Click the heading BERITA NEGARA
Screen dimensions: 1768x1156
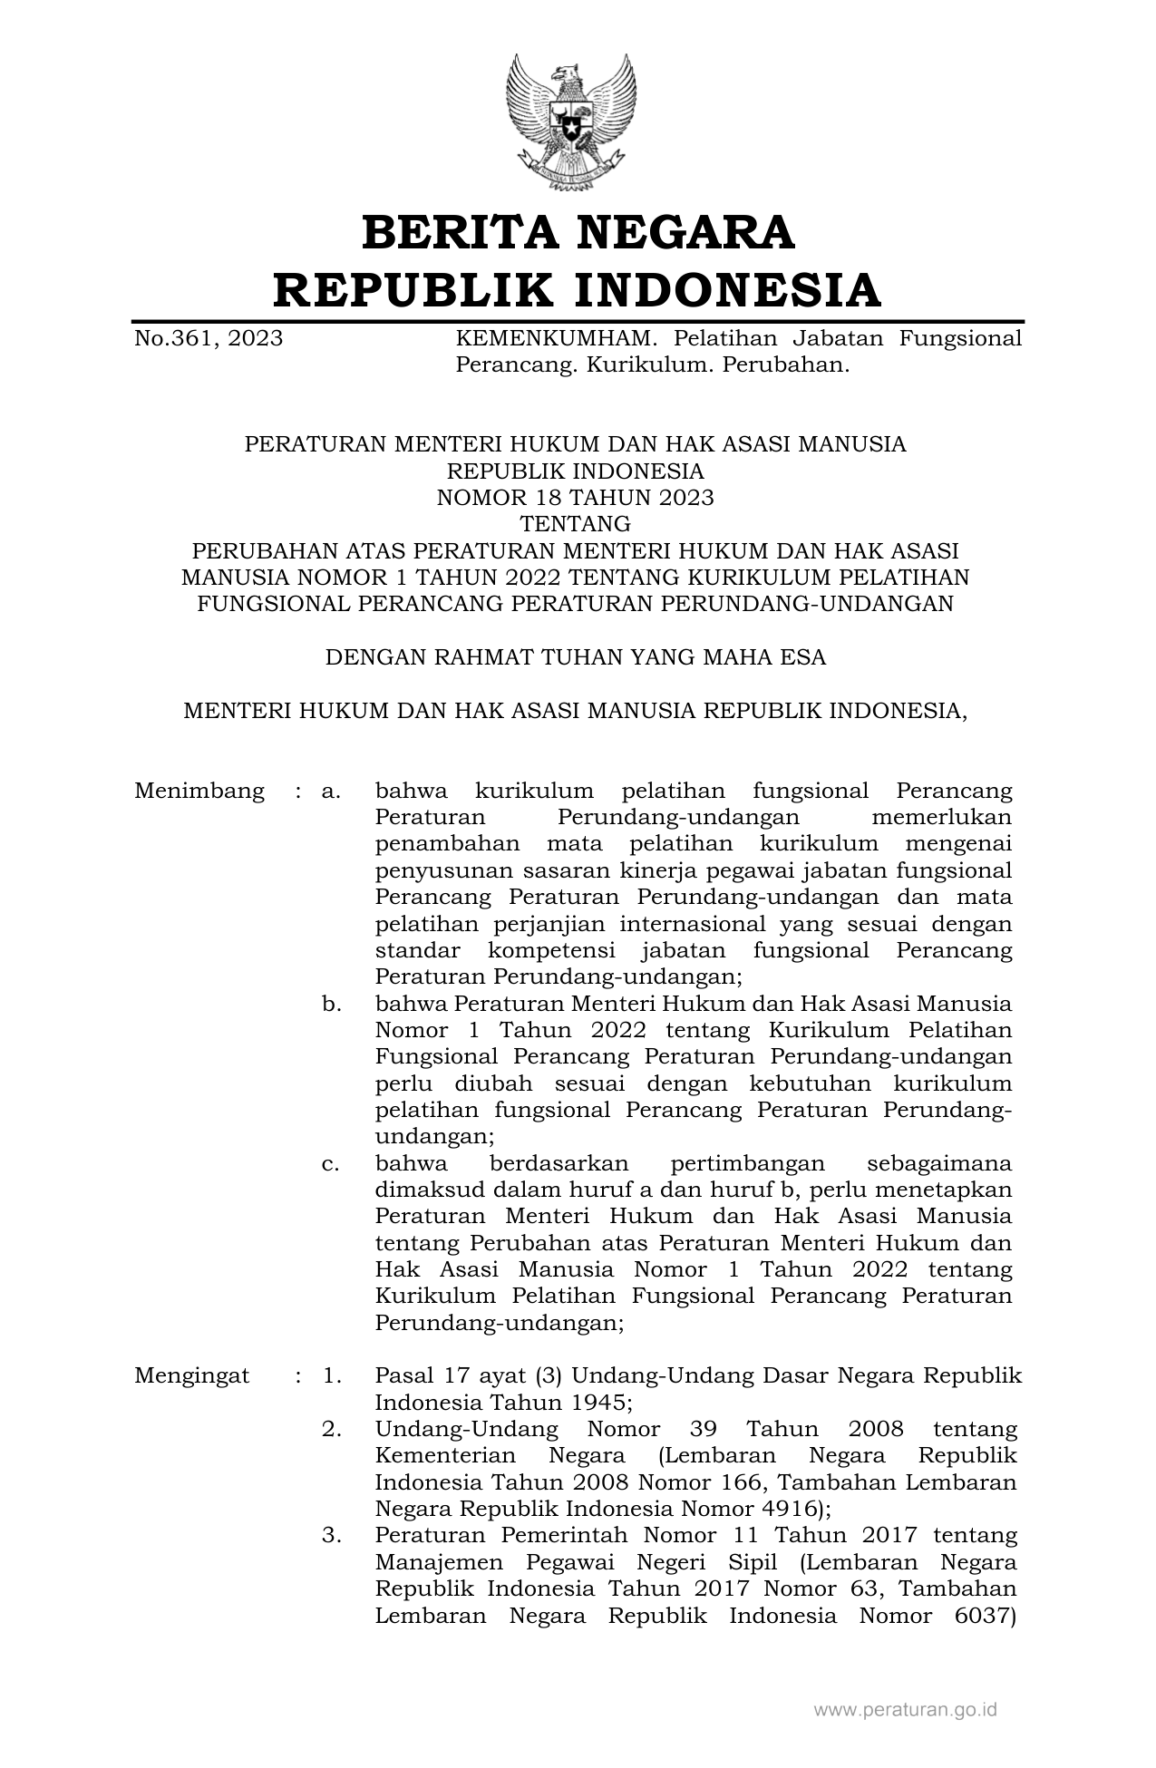point(578,232)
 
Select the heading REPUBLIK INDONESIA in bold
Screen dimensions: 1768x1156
point(578,290)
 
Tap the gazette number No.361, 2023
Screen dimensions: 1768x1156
point(209,339)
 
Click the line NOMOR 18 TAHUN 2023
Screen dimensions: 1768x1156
point(575,498)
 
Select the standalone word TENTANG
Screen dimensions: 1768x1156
point(575,524)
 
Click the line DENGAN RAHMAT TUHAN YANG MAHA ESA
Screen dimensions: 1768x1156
point(575,657)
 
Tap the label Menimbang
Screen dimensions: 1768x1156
point(199,791)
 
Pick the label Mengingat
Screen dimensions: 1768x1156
point(192,1375)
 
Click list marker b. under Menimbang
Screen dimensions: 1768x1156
point(331,1004)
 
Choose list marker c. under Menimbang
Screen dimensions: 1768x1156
point(331,1163)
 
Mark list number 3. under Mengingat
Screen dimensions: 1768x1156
point(331,1535)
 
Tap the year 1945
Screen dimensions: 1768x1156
point(595,1403)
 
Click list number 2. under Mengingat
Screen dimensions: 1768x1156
point(331,1429)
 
